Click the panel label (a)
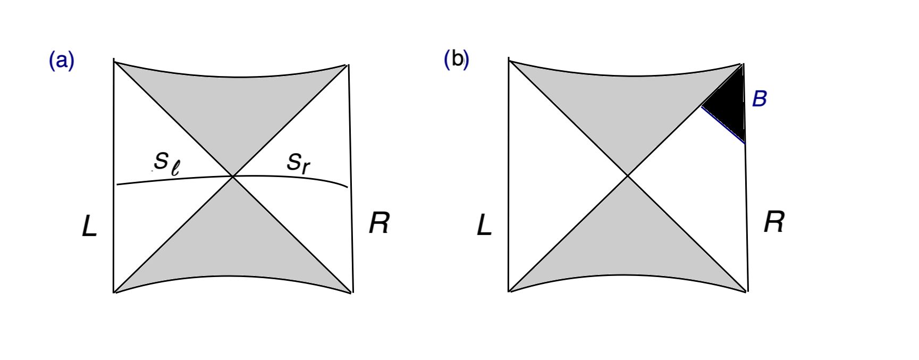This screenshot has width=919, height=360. coord(62,61)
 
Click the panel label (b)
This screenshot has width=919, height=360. coord(456,59)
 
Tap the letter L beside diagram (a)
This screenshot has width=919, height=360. coord(89,227)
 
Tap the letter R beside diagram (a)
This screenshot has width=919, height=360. coord(379,223)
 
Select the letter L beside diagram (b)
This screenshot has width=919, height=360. coord(484,226)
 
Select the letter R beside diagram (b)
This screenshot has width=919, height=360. coord(774,222)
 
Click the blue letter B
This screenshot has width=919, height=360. coord(760,99)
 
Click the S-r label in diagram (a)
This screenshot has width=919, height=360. coord(298,162)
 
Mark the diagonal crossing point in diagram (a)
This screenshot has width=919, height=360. coord(232,176)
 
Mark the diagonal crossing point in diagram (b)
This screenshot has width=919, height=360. coord(628,175)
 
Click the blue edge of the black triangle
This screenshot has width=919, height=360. coord(723,125)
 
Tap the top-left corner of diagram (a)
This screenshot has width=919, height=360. coord(114,62)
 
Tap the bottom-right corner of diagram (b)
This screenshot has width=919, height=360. coord(747,291)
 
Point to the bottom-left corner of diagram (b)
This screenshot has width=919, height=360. coord(509,291)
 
